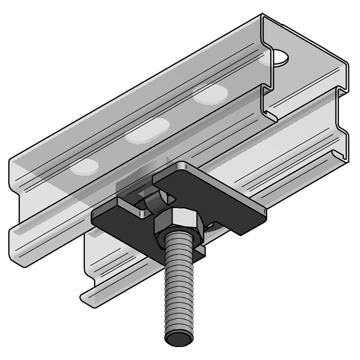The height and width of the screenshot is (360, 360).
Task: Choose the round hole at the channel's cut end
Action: point(280,57)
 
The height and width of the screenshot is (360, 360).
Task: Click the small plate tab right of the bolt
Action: point(201,251)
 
